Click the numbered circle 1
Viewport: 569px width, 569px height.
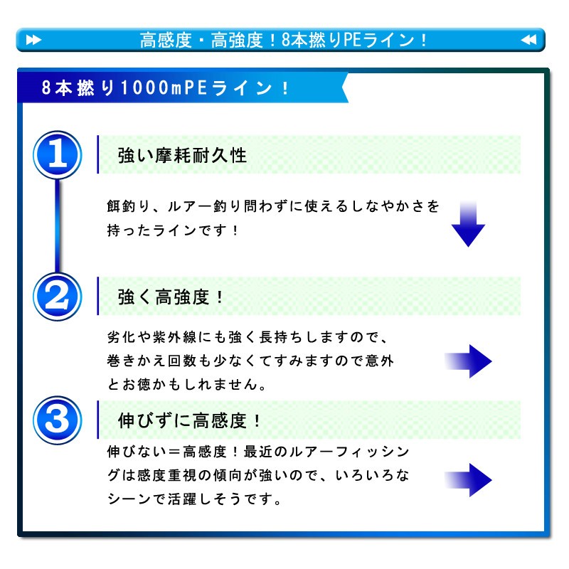pyautogui.click(x=58, y=155)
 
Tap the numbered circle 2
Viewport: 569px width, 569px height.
pyautogui.click(x=58, y=297)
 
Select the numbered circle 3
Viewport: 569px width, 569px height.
pyautogui.click(x=58, y=420)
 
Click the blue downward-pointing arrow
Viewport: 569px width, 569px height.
pyautogui.click(x=468, y=224)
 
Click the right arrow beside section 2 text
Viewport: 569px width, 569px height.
pyautogui.click(x=468, y=361)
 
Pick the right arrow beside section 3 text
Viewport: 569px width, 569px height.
pyautogui.click(x=468, y=479)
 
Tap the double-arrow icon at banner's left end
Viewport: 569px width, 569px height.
pyautogui.click(x=33, y=40)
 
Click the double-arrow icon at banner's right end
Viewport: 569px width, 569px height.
pyautogui.click(x=528, y=40)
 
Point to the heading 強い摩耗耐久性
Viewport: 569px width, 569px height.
pyautogui.click(x=182, y=156)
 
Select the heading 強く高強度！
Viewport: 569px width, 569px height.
pyautogui.click(x=171, y=297)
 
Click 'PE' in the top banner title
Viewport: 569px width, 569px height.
pyautogui.click(x=352, y=40)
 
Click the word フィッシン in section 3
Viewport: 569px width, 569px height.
pyautogui.click(x=372, y=452)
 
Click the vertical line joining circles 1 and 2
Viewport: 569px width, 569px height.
pyautogui.click(x=58, y=225)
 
